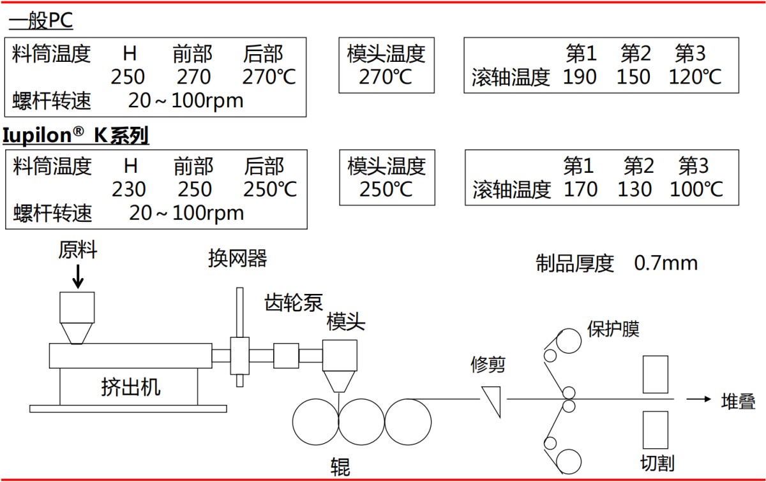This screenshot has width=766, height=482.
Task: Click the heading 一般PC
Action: tap(41, 21)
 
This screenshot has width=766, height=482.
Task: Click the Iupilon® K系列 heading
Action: tap(76, 136)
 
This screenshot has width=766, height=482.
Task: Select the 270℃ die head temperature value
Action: tap(386, 77)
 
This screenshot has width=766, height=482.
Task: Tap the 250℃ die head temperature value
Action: tap(386, 189)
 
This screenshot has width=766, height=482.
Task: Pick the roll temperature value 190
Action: tap(580, 77)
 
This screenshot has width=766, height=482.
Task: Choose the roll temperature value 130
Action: tap(635, 189)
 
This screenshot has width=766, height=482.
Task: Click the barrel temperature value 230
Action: tap(129, 189)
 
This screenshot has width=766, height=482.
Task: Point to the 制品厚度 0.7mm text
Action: tap(617, 263)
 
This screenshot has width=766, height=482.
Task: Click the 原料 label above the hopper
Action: tap(78, 251)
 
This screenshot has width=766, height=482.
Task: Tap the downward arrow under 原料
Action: tap(78, 277)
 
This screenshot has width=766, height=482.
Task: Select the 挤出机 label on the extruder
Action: tap(131, 386)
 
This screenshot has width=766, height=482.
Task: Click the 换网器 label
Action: tap(237, 258)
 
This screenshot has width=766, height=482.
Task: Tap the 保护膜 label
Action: tap(613, 329)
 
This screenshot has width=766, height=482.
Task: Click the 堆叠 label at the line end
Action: tap(739, 401)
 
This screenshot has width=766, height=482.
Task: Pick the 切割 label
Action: tap(657, 462)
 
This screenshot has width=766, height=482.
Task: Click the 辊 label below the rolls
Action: tap(340, 467)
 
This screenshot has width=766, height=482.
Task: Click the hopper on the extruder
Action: tap(77, 317)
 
